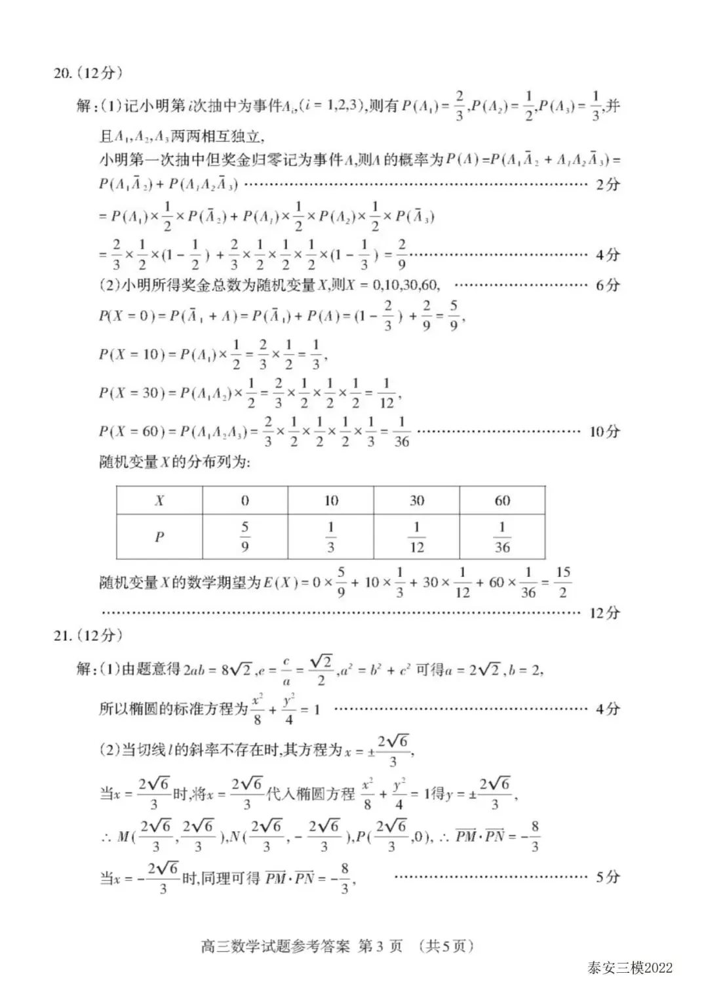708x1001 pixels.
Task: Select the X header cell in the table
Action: [159, 501]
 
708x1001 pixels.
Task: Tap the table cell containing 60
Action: [502, 501]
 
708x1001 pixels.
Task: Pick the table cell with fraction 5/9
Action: [245, 536]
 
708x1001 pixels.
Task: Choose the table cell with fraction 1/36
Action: [502, 536]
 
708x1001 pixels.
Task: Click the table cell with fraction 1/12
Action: [416, 536]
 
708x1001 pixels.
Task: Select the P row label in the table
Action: [159, 537]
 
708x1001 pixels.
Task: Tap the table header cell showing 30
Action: [416, 501]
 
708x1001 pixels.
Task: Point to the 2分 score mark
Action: [607, 185]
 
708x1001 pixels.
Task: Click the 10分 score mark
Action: [604, 431]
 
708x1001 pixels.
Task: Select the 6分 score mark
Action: [607, 285]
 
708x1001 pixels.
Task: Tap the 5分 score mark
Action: [607, 877]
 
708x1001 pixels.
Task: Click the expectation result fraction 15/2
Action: [562, 582]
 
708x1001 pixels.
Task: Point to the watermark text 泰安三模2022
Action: [630, 968]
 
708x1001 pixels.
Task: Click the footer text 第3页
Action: [380, 946]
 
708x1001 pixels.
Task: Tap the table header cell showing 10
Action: [330, 501]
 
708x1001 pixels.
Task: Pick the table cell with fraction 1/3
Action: [330, 536]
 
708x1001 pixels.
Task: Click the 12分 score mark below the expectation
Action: [604, 613]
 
